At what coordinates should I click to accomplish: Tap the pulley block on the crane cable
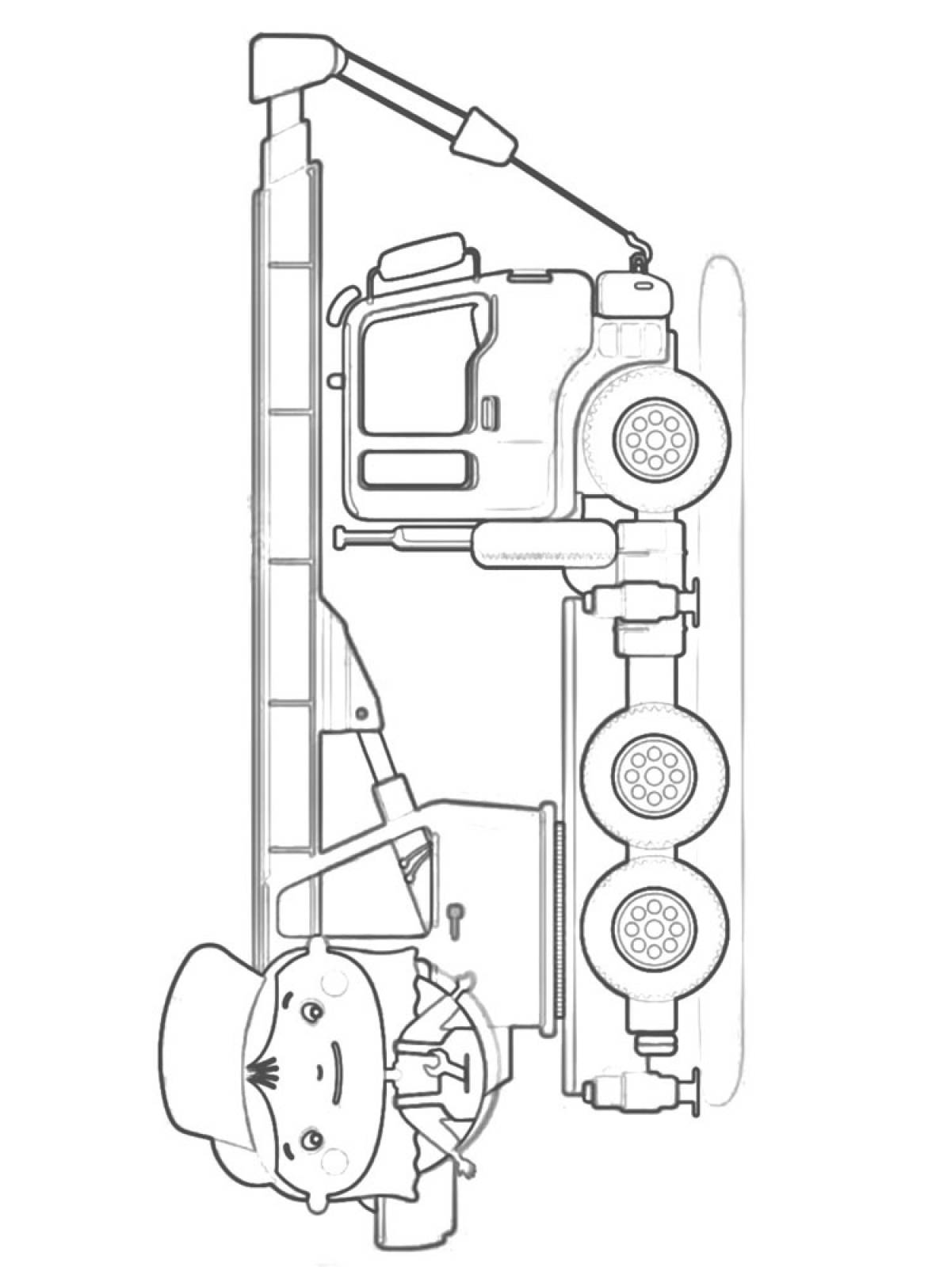483,134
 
